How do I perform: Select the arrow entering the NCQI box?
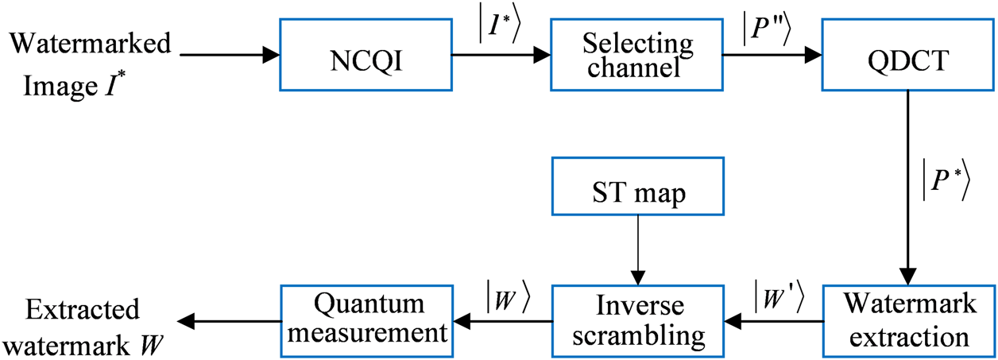(x=230, y=55)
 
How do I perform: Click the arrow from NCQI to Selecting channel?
(x=501, y=55)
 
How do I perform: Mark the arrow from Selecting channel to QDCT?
(x=771, y=55)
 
